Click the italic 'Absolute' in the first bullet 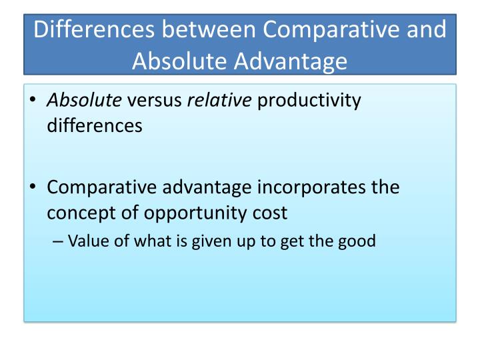point(84,101)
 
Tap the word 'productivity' point(309,101)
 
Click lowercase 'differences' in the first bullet point(95,125)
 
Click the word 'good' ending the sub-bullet point(358,241)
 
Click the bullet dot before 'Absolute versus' point(33,101)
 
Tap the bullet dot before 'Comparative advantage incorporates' point(33,188)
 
